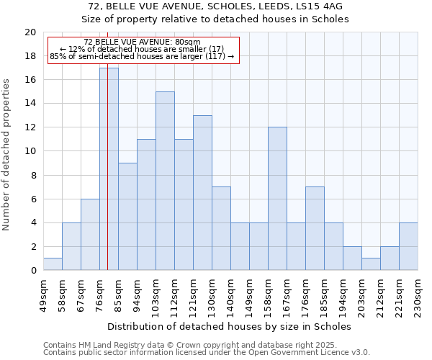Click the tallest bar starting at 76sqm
point(109,169)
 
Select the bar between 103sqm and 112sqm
point(165,181)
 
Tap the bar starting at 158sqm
point(277,199)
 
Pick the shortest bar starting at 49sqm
point(53,264)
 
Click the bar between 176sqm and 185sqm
point(315,228)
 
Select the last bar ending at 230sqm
point(408,246)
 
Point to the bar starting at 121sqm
point(202,193)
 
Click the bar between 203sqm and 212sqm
point(371,264)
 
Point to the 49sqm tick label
point(43,290)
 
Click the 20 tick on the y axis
point(30,32)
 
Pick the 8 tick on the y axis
point(33,175)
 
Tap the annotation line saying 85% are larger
point(142,56)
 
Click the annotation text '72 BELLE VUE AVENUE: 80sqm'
point(142,42)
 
